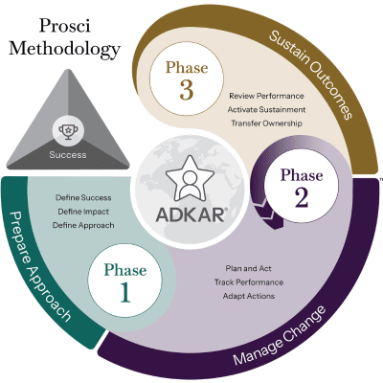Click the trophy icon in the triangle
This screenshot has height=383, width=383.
(68, 132)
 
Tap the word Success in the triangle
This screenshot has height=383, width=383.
(68, 155)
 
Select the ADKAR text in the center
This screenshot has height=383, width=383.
(191, 214)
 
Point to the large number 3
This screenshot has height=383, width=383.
(187, 90)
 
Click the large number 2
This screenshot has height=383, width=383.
(302, 198)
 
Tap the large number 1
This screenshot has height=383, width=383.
(125, 293)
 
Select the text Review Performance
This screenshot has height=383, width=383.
(266, 96)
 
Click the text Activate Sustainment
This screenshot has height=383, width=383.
(266, 109)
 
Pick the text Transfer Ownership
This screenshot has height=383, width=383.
(266, 124)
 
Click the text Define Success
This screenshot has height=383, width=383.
(83, 197)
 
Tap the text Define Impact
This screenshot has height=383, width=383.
(83, 212)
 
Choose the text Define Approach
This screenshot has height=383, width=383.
(83, 225)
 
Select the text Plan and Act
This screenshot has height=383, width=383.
(249, 268)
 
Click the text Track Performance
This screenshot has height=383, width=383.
(249, 282)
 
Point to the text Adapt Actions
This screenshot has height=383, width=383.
(249, 296)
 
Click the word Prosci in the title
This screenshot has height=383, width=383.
(64, 26)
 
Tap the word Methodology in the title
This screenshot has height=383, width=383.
(64, 50)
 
